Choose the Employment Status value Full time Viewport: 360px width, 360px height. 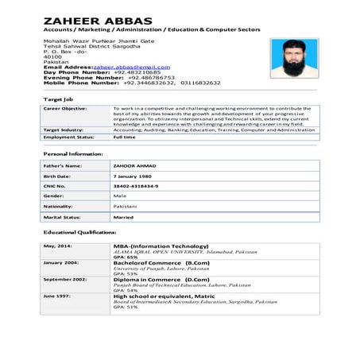[x=125, y=137]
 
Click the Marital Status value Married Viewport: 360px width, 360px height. [x=124, y=215]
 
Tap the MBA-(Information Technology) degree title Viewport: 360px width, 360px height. [x=168, y=247]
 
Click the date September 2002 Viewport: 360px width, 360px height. [x=65, y=280]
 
